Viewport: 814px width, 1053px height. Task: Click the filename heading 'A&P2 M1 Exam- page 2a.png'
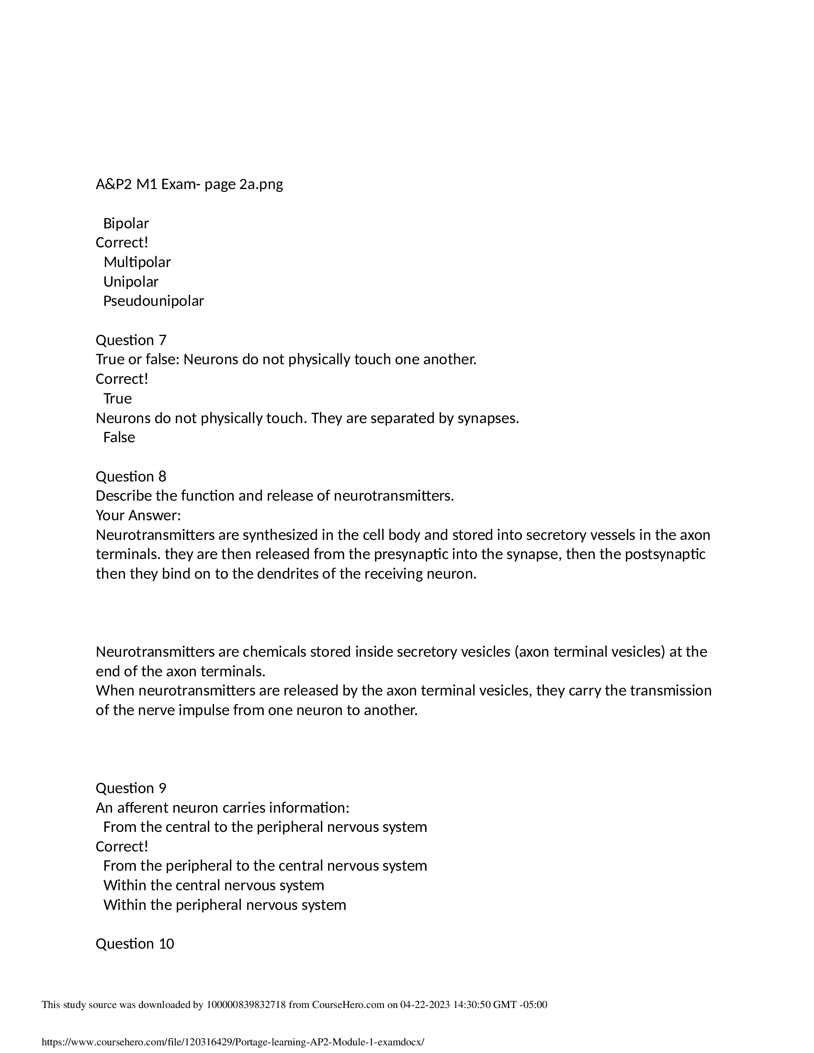pos(189,184)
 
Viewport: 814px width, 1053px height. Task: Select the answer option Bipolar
pos(126,223)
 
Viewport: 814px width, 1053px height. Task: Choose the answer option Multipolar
pos(137,262)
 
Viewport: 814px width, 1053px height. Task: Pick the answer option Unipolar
pos(131,281)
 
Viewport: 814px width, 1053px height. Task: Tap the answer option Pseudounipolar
pos(153,301)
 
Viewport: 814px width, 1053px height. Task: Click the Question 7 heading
pos(131,340)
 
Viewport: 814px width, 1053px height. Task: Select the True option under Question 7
pos(117,398)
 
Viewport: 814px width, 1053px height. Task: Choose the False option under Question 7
pos(119,437)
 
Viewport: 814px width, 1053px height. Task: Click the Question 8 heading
pos(131,476)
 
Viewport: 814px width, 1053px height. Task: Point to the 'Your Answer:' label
pos(138,515)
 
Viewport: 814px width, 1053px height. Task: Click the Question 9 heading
pos(131,788)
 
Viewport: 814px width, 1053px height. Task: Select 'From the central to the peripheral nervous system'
pos(265,827)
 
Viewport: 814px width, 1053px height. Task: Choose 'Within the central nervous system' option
pos(214,885)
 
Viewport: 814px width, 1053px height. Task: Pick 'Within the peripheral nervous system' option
pos(225,905)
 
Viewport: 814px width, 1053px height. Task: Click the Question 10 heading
pos(135,943)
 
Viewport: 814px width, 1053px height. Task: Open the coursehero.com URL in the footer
pos(233,1042)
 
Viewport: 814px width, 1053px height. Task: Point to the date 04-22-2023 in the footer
pos(425,1005)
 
